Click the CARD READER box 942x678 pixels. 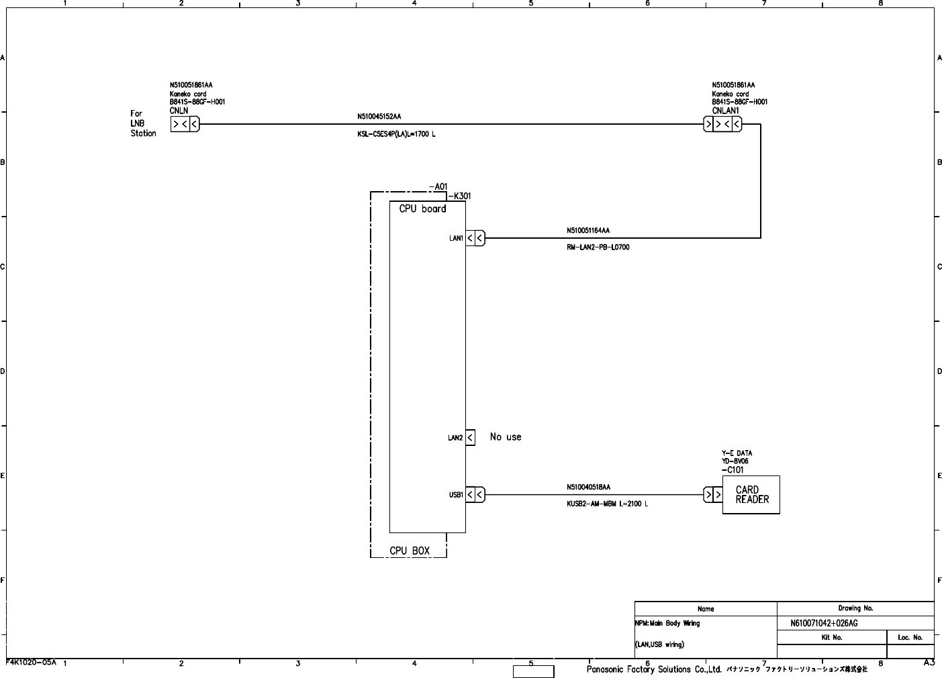[x=751, y=495]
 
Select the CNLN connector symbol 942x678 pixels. [x=185, y=124]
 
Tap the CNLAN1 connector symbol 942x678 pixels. [x=722, y=124]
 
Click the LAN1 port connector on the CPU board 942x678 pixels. [x=475, y=238]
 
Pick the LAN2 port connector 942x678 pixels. [x=470, y=438]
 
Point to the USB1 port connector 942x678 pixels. [x=475, y=495]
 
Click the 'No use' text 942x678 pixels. [x=506, y=437]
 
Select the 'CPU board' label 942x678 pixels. [x=422, y=209]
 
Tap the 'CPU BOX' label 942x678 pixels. [x=410, y=551]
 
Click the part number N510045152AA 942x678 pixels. [x=379, y=117]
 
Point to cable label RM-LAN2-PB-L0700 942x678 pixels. [x=598, y=247]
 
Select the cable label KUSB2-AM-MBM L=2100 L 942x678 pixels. [x=607, y=504]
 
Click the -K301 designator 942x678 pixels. [x=459, y=196]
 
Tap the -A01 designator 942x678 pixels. [x=438, y=187]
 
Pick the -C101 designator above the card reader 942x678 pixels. [x=733, y=470]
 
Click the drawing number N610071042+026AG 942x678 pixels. [x=824, y=624]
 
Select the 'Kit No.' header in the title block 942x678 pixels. [x=832, y=638]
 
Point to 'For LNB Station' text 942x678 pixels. [x=143, y=123]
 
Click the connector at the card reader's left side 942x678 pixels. [x=713, y=495]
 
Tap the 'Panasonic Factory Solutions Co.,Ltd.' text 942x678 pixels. [x=654, y=669]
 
